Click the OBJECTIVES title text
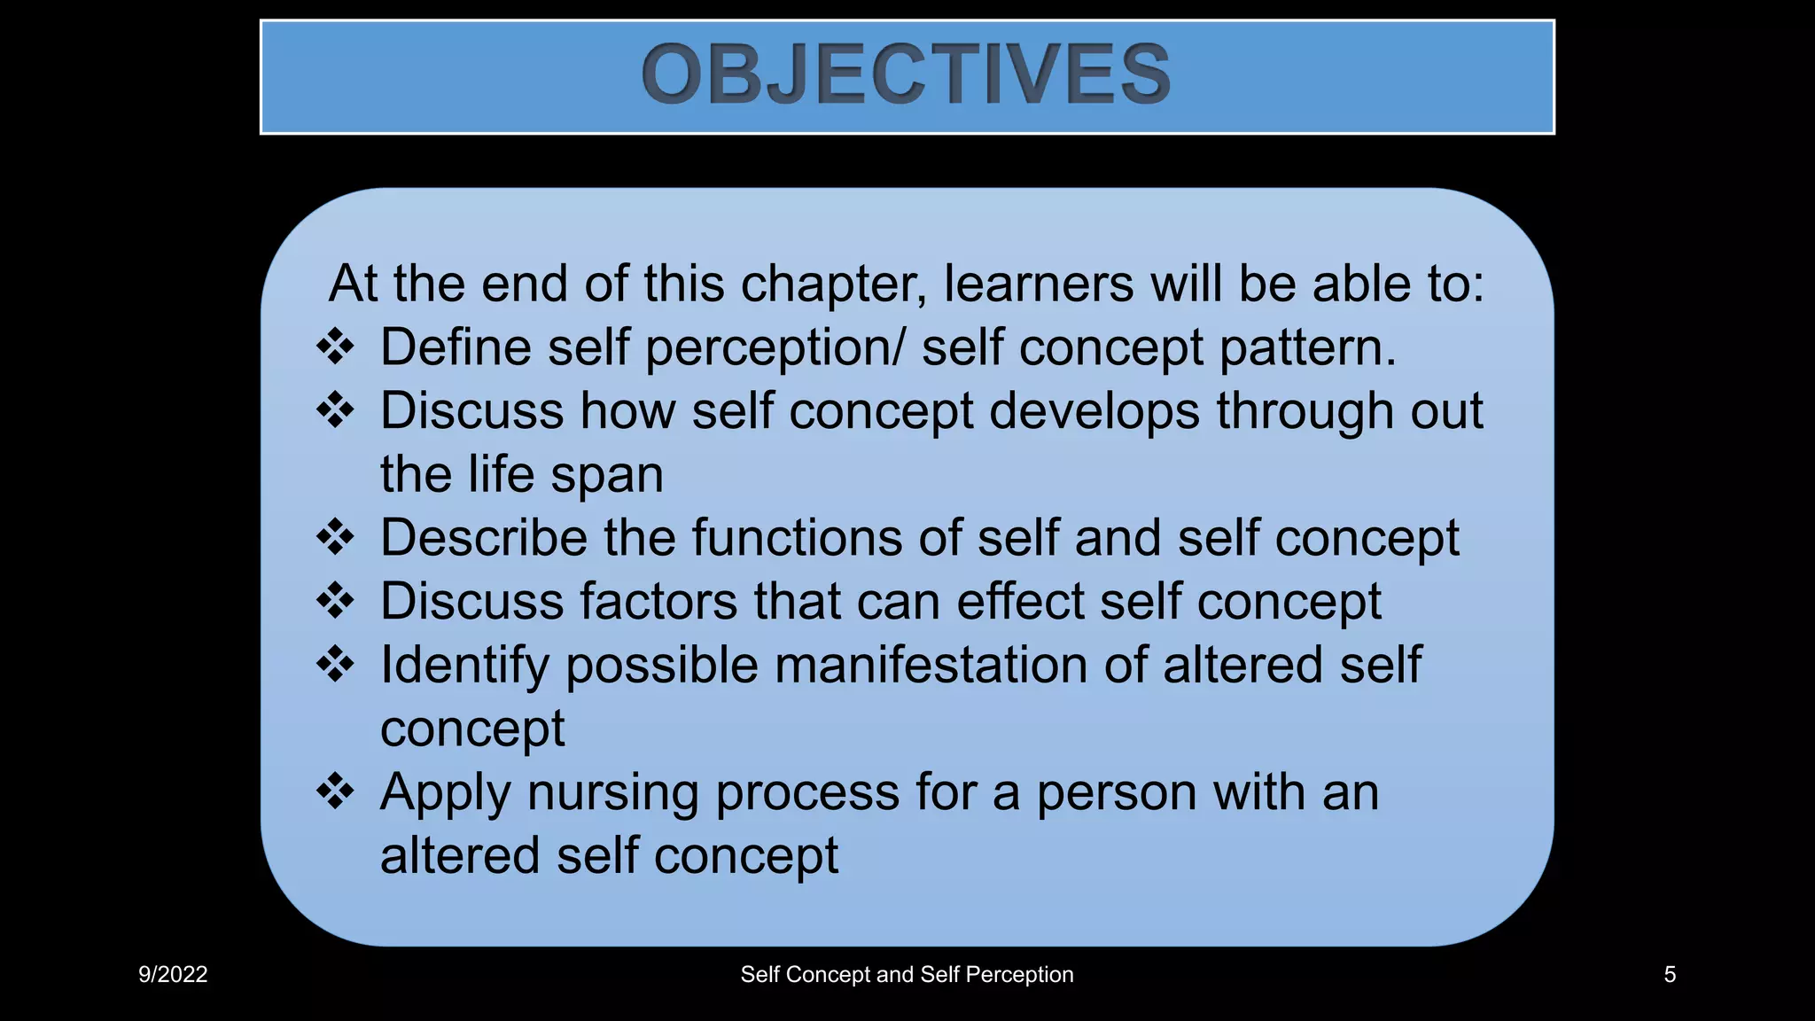(x=906, y=74)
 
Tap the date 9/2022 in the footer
(x=173, y=975)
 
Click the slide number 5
(x=1670, y=975)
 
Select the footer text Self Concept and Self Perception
(x=907, y=975)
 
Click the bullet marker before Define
(x=335, y=347)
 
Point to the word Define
(x=456, y=347)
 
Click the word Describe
(x=484, y=538)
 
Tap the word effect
(x=1020, y=602)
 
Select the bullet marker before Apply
(x=335, y=791)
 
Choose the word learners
(x=1039, y=284)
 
